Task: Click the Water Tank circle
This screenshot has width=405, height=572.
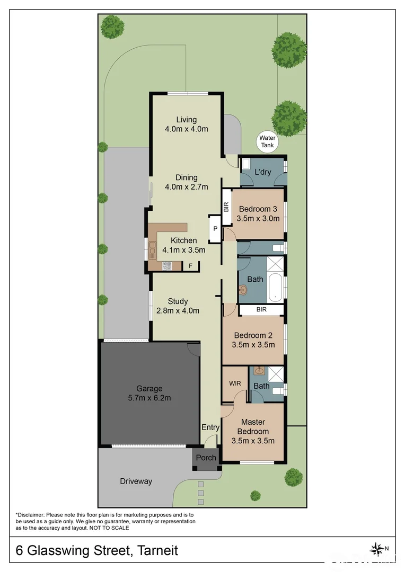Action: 267,141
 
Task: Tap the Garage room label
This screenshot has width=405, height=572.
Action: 149,388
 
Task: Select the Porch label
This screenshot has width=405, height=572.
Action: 206,458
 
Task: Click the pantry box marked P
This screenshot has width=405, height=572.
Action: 215,228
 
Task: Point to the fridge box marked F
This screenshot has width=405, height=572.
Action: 190,266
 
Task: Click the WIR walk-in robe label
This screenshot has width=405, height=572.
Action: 235,383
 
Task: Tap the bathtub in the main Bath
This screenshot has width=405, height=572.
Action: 276,287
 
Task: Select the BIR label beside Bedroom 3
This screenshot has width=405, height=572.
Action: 225,207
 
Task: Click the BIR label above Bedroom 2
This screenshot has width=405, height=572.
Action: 261,309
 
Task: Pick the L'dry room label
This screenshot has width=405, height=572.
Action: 263,172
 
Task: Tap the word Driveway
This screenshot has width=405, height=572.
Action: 136,481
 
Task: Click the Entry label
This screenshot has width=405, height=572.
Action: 210,427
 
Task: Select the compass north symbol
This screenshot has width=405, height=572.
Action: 378,549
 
